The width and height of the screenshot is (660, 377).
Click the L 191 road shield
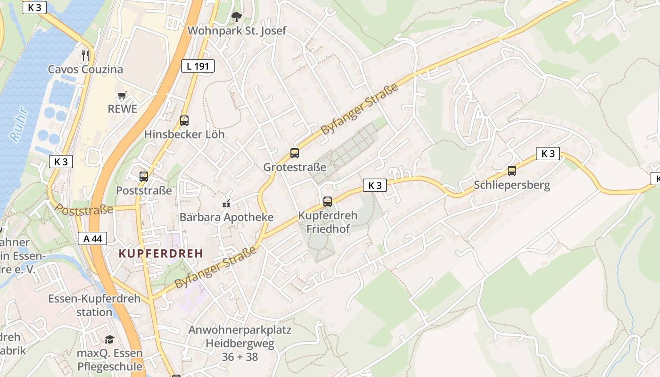[198, 66]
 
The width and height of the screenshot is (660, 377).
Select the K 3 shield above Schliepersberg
[548, 154]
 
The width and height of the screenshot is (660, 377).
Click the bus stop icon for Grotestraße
[295, 153]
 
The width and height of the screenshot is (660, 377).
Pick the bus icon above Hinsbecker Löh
[184, 120]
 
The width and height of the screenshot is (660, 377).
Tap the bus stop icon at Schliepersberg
[512, 171]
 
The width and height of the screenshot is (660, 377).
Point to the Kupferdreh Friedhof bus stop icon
[328, 201]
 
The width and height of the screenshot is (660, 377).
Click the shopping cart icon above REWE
[122, 96]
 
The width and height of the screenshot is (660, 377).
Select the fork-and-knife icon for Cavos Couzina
[85, 55]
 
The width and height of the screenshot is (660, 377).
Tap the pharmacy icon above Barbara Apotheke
[226, 204]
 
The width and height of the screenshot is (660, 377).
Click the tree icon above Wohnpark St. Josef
[237, 17]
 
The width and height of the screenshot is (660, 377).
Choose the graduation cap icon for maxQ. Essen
[109, 339]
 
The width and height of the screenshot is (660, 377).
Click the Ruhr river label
[19, 125]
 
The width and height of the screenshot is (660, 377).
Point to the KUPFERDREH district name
[161, 254]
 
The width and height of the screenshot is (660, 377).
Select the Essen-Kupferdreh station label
[94, 305]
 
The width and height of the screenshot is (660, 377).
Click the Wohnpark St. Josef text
[237, 31]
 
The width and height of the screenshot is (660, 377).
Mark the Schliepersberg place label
[512, 185]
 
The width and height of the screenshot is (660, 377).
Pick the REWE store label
[122, 109]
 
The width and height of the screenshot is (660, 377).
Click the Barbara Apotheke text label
[226, 217]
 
